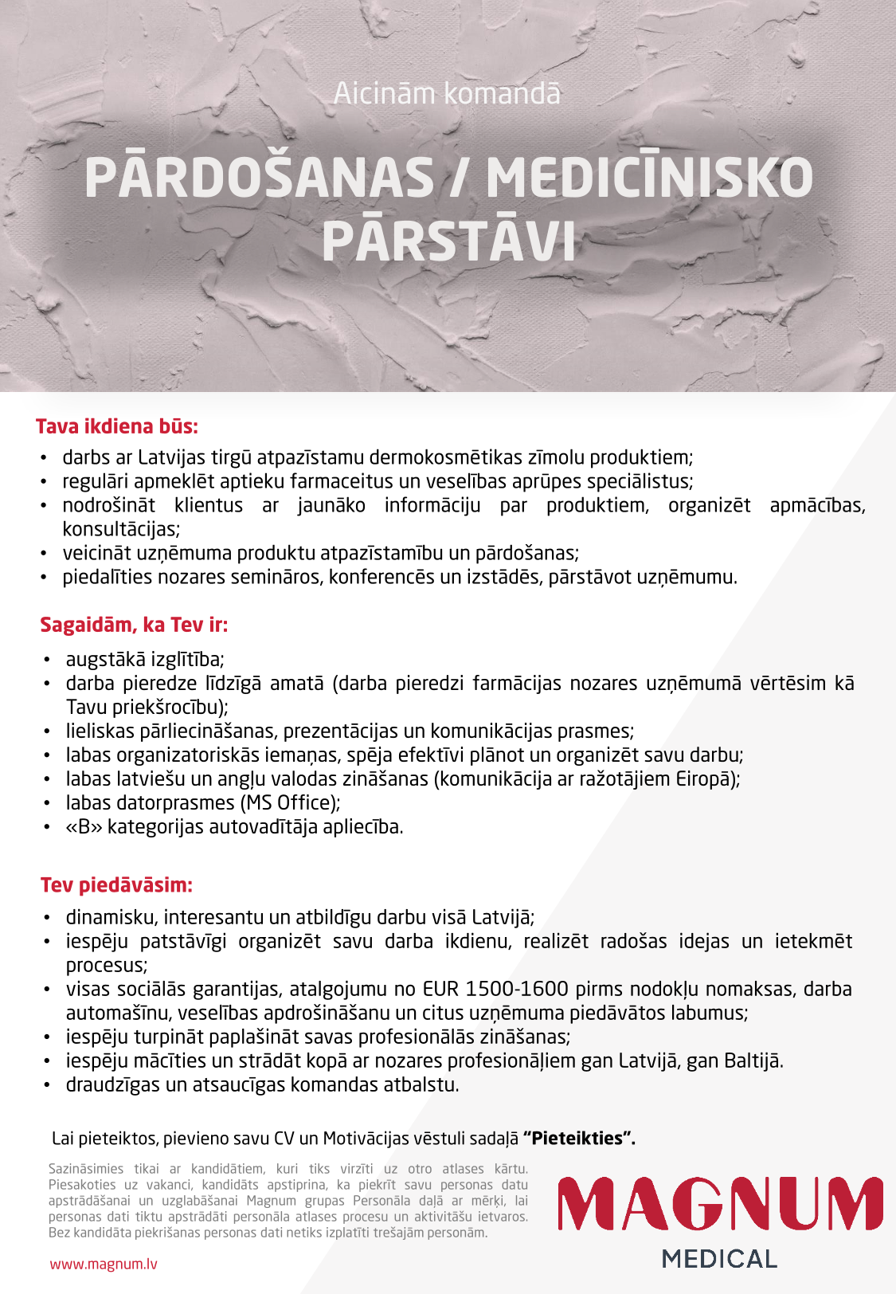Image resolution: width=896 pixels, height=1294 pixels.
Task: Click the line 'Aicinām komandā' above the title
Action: [x=447, y=94]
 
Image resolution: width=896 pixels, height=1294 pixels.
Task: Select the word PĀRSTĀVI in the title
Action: [x=448, y=241]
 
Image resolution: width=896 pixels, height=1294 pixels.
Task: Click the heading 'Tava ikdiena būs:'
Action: [x=117, y=426]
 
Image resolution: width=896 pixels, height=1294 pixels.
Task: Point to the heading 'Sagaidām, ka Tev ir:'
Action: [x=134, y=625]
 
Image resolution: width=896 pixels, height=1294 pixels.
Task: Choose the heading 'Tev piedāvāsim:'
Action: [x=117, y=885]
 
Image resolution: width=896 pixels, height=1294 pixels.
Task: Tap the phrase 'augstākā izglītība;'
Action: [x=145, y=659]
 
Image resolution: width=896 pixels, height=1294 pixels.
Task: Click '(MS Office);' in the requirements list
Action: [x=288, y=802]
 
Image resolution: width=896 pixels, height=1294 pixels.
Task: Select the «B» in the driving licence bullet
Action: [x=84, y=827]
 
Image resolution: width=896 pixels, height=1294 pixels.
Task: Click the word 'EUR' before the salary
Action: [x=440, y=989]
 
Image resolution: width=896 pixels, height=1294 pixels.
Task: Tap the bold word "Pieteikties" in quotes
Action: [x=579, y=1138]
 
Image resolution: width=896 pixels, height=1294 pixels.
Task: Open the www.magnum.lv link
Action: [x=104, y=1264]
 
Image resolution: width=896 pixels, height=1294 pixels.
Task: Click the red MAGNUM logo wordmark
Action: [x=720, y=1203]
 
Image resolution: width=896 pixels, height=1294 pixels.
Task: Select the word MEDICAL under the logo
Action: [x=719, y=1259]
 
